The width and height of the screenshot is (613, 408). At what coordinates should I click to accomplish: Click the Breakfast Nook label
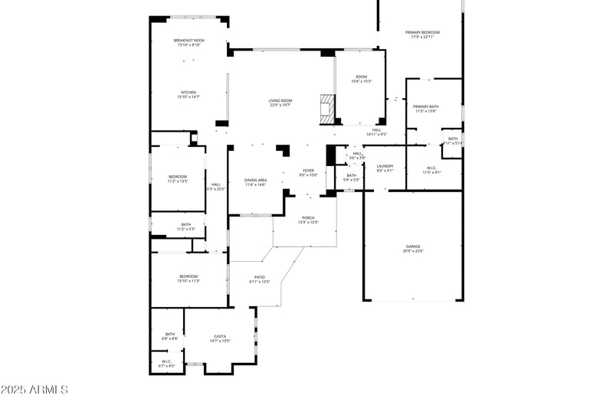point(188,42)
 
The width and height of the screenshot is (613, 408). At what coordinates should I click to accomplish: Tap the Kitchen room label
point(188,94)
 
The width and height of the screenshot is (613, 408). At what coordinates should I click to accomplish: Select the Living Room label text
point(280,103)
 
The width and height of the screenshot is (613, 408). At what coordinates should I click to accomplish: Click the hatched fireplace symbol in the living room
point(328,108)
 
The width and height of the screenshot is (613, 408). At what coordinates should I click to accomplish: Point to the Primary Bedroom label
point(422,34)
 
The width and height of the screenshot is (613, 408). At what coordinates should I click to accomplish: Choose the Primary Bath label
point(425,109)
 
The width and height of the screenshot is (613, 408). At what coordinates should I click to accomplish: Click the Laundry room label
point(385,168)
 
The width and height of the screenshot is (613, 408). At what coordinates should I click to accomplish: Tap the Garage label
point(413,248)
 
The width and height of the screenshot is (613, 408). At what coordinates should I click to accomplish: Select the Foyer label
point(308,172)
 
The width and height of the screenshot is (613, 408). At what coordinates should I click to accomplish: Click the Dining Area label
point(255,182)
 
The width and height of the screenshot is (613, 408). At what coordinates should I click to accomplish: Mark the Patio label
point(260,279)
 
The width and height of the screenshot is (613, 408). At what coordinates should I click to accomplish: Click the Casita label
point(220,338)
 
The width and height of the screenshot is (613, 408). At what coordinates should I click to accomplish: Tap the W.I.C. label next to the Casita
point(166,364)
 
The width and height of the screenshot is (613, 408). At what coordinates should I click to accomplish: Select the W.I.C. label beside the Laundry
point(431,169)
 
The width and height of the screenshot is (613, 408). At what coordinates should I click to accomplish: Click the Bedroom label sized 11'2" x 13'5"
point(178,179)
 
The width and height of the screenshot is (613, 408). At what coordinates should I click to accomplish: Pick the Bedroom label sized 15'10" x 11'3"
point(188,278)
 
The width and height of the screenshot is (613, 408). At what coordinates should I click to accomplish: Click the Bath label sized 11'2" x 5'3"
point(186,227)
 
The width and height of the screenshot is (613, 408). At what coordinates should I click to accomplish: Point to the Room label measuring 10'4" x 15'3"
point(361,79)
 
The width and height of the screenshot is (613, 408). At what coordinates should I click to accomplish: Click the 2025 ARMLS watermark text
point(34,390)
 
